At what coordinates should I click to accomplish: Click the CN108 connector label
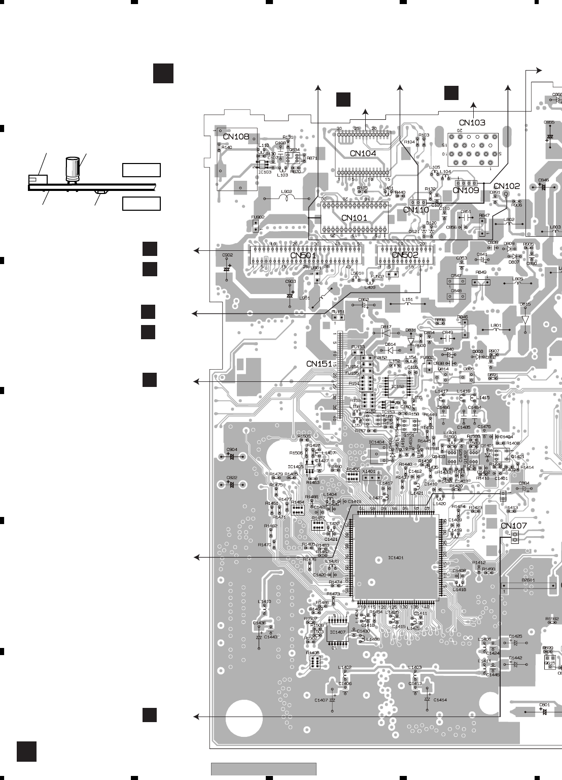coord(236,137)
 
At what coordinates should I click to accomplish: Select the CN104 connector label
coord(363,153)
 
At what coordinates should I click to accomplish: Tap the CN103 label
coord(472,122)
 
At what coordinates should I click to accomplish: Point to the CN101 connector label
coord(354,218)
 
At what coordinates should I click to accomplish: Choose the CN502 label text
coord(405,255)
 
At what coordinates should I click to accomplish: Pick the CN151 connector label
coord(319,364)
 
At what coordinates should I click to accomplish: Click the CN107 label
coord(513,526)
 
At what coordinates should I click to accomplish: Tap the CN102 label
coord(506,186)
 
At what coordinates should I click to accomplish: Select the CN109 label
coord(466,190)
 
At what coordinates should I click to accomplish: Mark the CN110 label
coord(416,209)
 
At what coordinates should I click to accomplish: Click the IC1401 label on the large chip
coord(396,558)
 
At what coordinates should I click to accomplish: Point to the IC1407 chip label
coord(337,632)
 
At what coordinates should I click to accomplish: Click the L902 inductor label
coord(287,191)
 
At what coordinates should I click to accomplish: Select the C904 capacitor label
coord(232,449)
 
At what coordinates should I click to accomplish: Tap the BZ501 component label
coord(529,579)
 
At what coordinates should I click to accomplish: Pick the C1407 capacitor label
coord(321,700)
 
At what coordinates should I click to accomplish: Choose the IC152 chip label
coord(398,386)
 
